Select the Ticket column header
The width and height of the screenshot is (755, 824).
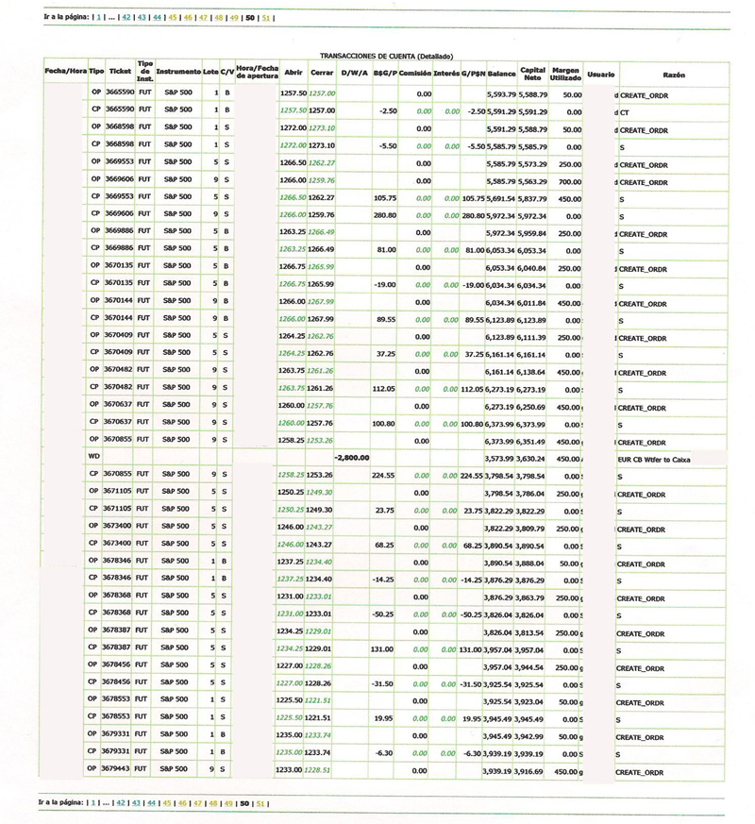(120, 71)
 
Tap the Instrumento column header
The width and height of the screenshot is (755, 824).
(178, 71)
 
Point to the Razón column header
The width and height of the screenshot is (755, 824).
(674, 73)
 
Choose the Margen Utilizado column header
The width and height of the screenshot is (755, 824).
(565, 72)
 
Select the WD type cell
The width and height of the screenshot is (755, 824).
(94, 458)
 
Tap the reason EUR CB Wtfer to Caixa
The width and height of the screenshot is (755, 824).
(655, 459)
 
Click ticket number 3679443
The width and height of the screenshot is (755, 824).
(120, 770)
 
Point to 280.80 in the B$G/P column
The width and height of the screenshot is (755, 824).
(382, 215)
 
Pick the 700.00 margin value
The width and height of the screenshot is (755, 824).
(569, 181)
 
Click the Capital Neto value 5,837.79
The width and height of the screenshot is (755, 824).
(533, 198)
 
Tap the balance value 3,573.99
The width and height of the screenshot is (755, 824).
(500, 458)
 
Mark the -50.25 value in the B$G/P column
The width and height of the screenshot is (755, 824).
(382, 614)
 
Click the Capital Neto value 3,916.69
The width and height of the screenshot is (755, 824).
(533, 770)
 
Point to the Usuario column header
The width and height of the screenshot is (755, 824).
(600, 72)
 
